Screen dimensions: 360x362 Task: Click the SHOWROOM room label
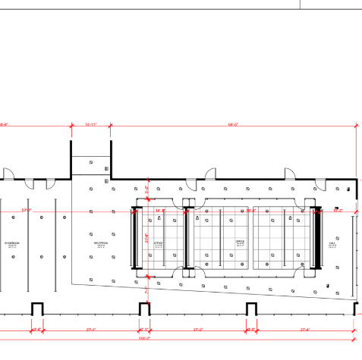[11, 243]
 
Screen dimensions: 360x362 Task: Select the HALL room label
[332, 244]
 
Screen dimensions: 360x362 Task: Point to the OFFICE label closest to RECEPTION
[159, 244]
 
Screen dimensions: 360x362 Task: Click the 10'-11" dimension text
[91, 123]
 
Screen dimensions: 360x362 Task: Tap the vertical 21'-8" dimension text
[147, 237]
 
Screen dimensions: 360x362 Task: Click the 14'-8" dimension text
[160, 210]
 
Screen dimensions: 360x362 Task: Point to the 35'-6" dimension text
[251, 210]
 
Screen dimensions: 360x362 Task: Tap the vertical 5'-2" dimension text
[147, 189]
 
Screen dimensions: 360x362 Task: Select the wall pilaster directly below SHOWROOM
[36, 308]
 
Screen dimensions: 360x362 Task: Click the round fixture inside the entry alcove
[91, 162]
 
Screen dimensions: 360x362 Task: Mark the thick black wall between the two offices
[187, 236]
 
